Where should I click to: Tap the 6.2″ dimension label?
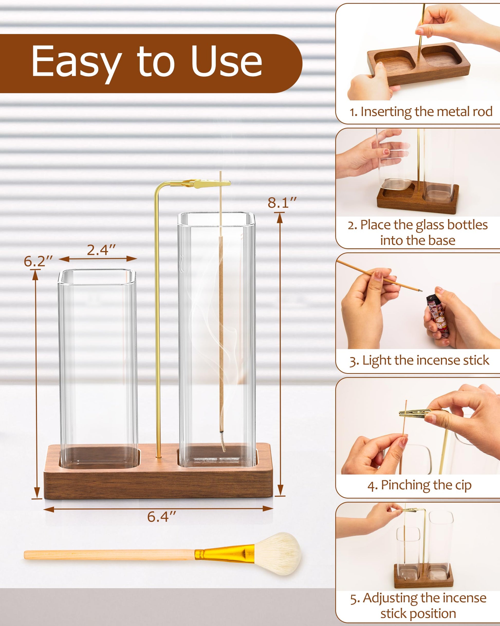coord(38,261)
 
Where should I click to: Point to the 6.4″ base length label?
coord(162,517)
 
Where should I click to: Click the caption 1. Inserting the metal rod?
coord(421,112)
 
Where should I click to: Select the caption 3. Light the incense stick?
coord(419,360)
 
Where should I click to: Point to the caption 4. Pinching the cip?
coord(419,485)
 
